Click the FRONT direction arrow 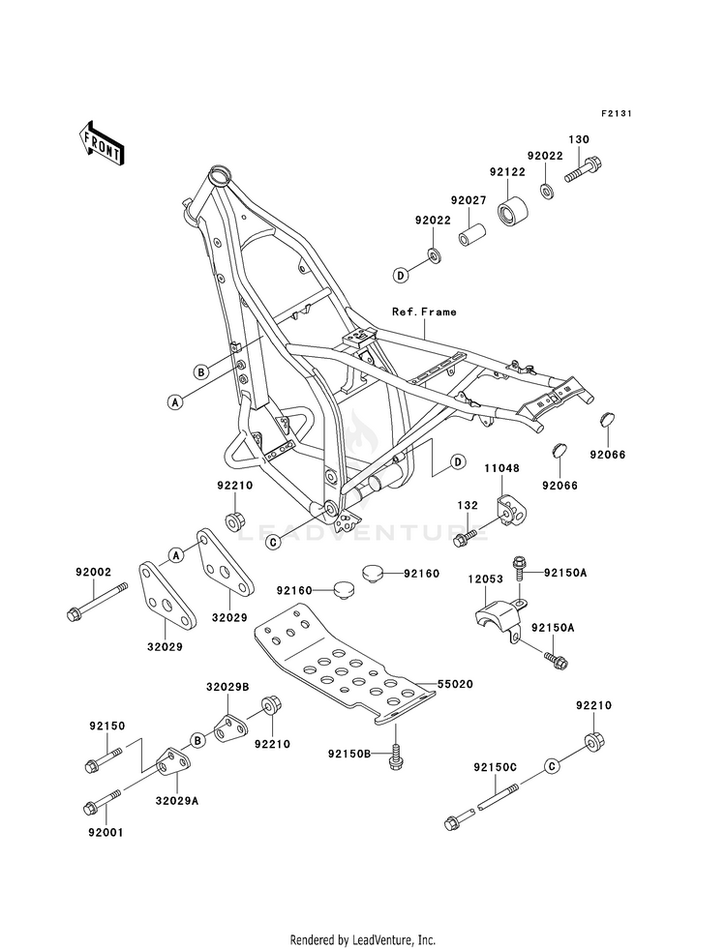pyautogui.click(x=101, y=142)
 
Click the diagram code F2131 pyautogui.click(x=617, y=113)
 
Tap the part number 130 pyautogui.click(x=578, y=139)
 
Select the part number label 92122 pyautogui.click(x=507, y=172)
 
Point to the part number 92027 pyautogui.click(x=469, y=200)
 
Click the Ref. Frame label pyautogui.click(x=424, y=311)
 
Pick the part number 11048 pyautogui.click(x=501, y=468)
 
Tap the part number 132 pyautogui.click(x=468, y=505)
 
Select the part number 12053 pyautogui.click(x=485, y=578)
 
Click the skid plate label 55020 pyautogui.click(x=455, y=684)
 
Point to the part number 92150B pyautogui.click(x=349, y=754)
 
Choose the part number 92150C pyautogui.click(x=496, y=767)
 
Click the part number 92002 pyautogui.click(x=94, y=572)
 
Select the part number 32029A pyautogui.click(x=177, y=800)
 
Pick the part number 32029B pyautogui.click(x=227, y=687)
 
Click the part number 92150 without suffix pyautogui.click(x=107, y=726)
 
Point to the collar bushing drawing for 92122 pyautogui.click(x=513, y=210)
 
